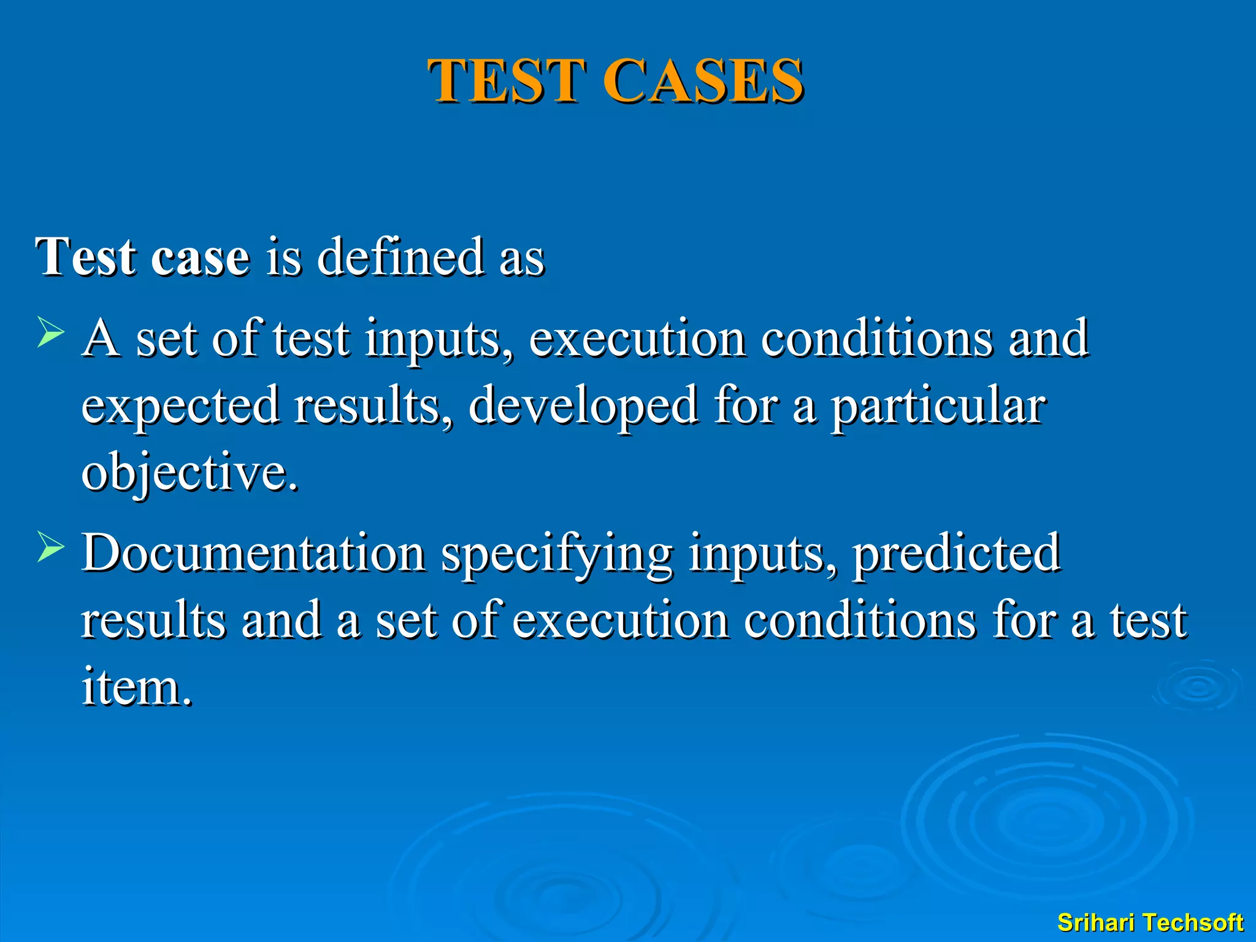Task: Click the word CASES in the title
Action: tap(703, 81)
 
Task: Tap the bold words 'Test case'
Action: tap(142, 256)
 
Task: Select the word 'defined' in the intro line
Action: tap(400, 256)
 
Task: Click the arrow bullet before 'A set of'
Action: tap(50, 332)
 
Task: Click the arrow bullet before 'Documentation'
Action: tap(50, 546)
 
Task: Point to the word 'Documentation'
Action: tap(254, 553)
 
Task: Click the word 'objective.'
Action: tap(190, 473)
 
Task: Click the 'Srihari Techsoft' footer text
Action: tap(1150, 922)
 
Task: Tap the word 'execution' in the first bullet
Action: tap(637, 338)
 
